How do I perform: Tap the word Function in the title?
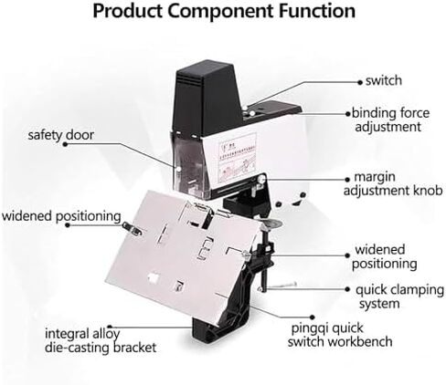[x=317, y=10]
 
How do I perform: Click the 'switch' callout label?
[x=384, y=80]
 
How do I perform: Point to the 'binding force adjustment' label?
[x=390, y=120]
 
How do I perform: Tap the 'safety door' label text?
[x=60, y=135]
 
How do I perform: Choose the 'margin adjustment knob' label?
[x=393, y=183]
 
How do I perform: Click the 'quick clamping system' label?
[x=399, y=297]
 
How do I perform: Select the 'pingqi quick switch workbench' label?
[x=340, y=335]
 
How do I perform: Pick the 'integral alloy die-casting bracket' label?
[x=101, y=340]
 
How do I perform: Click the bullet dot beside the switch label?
[x=360, y=82]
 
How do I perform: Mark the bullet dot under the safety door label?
[x=65, y=144]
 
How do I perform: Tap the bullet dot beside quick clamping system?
[x=347, y=289]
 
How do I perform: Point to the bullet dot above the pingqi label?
[x=312, y=317]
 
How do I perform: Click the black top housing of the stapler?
[x=205, y=98]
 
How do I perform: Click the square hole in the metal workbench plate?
[x=153, y=277]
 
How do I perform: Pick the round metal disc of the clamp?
[x=271, y=224]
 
